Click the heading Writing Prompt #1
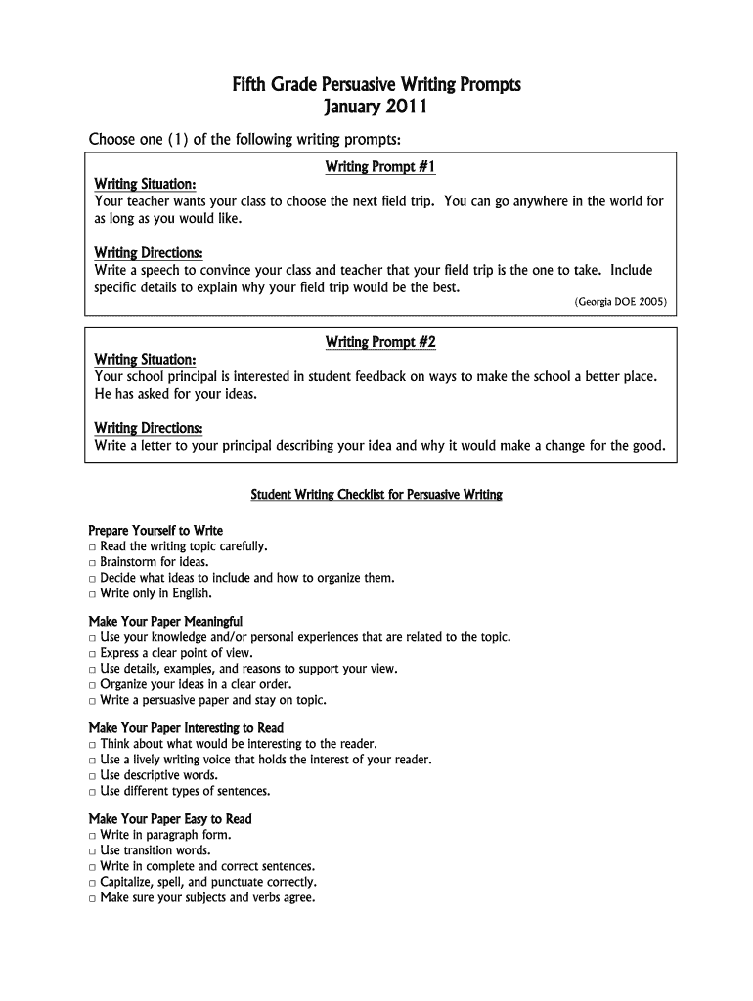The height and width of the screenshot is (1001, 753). coord(379,167)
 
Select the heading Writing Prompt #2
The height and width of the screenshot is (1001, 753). coord(379,342)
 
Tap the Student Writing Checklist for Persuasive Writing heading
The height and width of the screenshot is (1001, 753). coord(376,495)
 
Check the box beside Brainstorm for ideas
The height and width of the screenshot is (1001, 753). coord(92,563)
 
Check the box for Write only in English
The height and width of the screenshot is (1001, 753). coord(92,594)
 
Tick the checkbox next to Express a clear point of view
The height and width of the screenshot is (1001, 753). coord(92,654)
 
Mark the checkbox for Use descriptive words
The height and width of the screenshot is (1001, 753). coord(92,776)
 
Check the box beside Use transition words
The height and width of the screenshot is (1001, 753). coord(92,851)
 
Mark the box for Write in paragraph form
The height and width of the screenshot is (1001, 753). coord(92,836)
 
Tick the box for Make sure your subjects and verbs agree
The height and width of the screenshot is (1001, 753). coord(92,898)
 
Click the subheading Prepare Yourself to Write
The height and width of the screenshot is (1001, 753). coord(155,531)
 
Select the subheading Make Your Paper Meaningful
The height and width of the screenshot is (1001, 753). coord(165,622)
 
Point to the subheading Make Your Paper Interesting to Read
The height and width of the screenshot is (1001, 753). coord(186,728)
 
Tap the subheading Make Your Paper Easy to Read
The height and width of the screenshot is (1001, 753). coord(170,819)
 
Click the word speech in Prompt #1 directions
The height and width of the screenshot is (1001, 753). coord(159,271)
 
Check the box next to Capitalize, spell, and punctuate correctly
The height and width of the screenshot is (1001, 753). coord(92,883)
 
